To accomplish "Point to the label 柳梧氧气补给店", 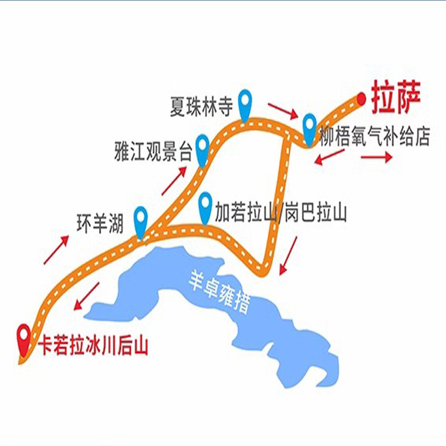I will (375, 137).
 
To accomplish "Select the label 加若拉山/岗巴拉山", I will (280, 212).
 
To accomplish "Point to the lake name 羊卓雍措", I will (219, 293).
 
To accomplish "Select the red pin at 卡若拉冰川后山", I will (24, 338).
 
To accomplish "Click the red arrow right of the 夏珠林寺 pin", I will (283, 110).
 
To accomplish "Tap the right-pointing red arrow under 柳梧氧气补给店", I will (377, 157).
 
